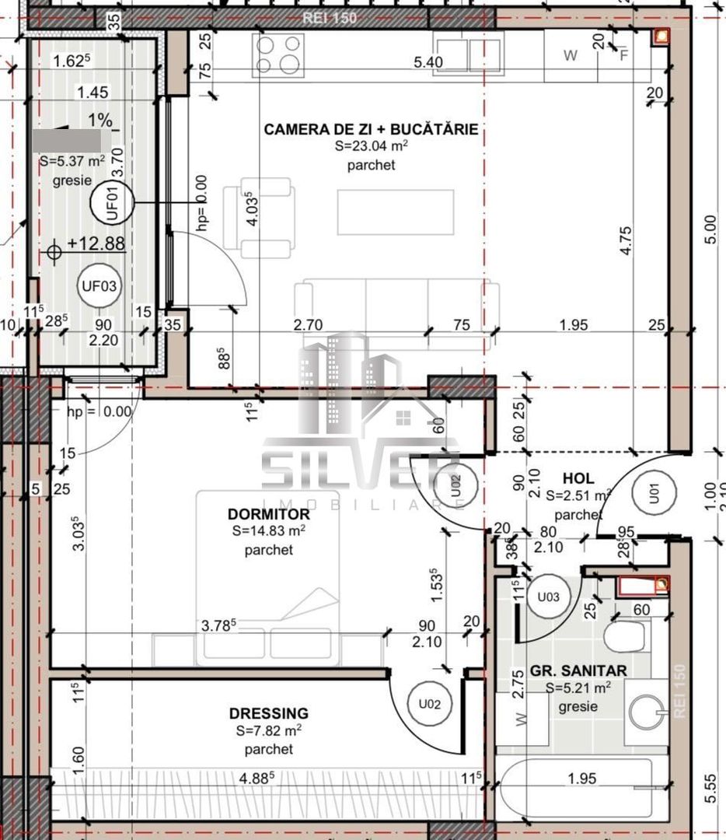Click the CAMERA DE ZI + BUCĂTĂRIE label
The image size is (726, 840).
click(x=371, y=129)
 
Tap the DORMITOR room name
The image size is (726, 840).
click(x=269, y=514)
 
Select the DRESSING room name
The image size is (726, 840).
click(x=269, y=713)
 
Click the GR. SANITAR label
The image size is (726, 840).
click(x=578, y=670)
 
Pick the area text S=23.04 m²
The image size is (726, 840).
click(x=372, y=146)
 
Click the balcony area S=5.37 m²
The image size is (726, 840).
click(x=72, y=162)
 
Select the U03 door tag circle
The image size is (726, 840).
click(x=549, y=597)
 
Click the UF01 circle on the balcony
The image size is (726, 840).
click(x=112, y=204)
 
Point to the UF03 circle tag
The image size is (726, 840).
click(x=99, y=286)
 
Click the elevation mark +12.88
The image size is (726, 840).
click(x=96, y=243)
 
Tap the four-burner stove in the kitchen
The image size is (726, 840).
click(x=277, y=54)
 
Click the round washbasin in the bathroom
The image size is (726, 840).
click(x=647, y=712)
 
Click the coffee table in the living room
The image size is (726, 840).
click(x=395, y=212)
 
